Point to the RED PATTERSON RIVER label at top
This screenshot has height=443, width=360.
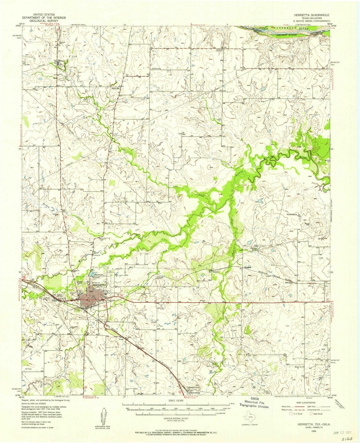point(288,28)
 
